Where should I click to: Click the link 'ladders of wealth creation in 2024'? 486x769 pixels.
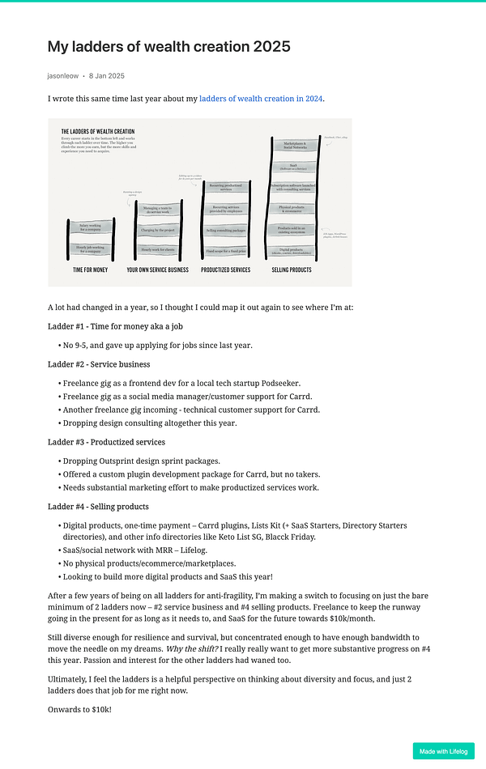[261, 99]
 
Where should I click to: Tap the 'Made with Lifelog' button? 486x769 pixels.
[443, 751]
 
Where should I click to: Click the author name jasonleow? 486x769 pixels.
[62, 75]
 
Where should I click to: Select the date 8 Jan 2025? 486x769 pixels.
[107, 75]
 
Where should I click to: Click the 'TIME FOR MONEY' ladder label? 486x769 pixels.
[90, 270]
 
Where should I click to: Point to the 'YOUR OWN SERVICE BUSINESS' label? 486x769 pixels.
[159, 270]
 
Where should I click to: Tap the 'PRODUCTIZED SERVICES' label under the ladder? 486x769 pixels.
[225, 270]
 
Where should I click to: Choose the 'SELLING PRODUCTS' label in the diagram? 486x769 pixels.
[292, 270]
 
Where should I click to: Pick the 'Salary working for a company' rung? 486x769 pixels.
[91, 229]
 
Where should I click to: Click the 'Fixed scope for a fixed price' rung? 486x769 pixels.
[226, 251]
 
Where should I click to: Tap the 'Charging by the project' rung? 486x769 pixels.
[160, 230]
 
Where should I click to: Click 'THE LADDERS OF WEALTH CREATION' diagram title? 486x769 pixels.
[98, 131]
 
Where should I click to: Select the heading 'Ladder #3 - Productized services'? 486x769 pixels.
[106, 442]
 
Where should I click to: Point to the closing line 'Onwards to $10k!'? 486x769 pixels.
[79, 709]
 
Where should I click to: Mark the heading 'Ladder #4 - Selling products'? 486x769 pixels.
[98, 507]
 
